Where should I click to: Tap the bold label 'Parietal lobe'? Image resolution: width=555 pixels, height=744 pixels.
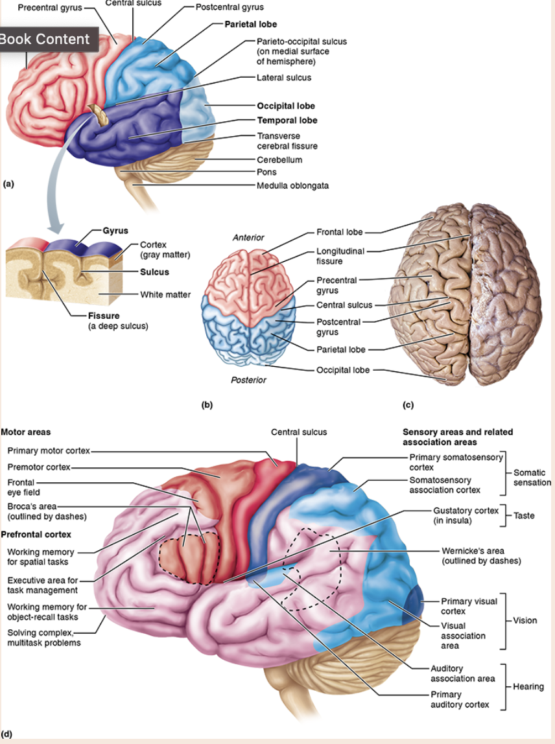250,25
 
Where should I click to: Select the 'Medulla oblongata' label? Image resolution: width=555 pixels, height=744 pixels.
292,185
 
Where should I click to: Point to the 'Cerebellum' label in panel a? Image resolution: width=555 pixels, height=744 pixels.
279,159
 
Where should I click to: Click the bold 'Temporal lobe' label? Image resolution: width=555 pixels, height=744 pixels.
287,120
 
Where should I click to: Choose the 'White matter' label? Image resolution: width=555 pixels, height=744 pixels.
165,295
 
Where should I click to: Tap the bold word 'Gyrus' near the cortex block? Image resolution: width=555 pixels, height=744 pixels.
115,231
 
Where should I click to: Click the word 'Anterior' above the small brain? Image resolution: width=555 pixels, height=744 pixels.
248,238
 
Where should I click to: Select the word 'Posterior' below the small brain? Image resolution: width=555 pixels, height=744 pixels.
248,380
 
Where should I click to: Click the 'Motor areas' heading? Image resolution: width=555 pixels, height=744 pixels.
26,432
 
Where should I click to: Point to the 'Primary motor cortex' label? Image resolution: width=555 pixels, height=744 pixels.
49,450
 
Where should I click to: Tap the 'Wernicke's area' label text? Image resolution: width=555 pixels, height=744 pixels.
481,555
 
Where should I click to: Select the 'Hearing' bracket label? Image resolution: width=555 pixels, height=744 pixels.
528,686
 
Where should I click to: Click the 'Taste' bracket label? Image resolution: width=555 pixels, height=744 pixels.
524,515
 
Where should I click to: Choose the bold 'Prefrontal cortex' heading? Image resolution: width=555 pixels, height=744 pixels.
36,535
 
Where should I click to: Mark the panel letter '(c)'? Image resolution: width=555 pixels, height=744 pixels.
408,405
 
